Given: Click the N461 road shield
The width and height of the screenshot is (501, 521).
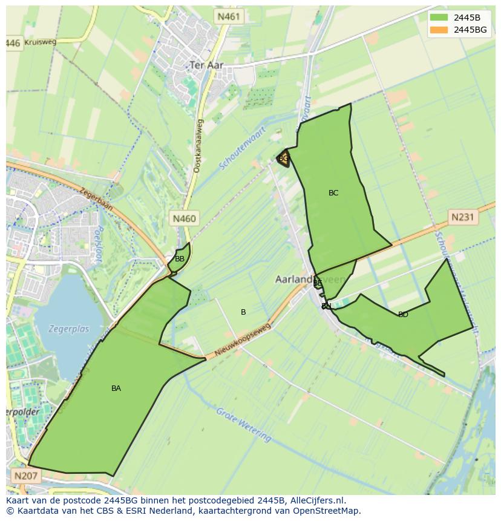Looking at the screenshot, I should [229, 16].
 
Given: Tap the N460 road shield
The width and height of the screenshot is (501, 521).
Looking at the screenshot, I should [184, 218].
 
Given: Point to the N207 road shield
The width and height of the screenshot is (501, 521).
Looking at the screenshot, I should [25, 476].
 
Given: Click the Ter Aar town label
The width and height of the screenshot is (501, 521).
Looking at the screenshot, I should [206, 65].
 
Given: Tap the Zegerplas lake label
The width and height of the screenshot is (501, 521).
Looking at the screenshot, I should [70, 329].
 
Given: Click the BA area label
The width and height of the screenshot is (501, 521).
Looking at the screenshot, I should [116, 388].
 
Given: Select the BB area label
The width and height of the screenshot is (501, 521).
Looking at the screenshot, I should [180, 259].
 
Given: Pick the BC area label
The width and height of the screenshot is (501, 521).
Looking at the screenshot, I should [333, 193].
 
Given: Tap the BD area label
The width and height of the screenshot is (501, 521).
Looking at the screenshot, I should [403, 315].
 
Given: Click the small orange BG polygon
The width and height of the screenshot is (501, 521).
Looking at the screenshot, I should [283, 159].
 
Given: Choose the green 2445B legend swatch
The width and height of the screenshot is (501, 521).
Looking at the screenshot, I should [439, 18].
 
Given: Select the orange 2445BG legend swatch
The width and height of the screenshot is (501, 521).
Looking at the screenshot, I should [439, 30].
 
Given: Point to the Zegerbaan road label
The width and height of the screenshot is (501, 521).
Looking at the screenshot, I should [96, 198].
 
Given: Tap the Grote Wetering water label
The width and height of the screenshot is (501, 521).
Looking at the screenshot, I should [243, 425].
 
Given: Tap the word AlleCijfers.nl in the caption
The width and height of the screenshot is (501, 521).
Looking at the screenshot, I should [317, 500].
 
